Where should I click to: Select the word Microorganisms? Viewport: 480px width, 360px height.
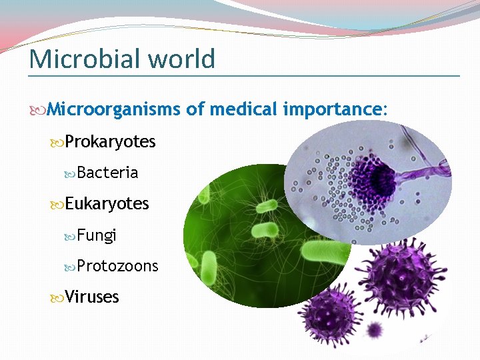(x=114, y=109)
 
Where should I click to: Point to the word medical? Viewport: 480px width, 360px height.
(x=241, y=109)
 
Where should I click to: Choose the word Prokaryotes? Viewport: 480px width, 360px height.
(x=110, y=142)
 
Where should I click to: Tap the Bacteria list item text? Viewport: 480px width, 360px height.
(x=107, y=173)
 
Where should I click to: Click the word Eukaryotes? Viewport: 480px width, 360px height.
(x=107, y=203)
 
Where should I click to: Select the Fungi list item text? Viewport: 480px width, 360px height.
(x=97, y=235)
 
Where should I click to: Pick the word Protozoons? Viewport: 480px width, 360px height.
(x=117, y=266)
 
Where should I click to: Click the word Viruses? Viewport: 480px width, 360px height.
(x=92, y=297)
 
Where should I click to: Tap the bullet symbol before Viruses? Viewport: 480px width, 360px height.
(x=57, y=297)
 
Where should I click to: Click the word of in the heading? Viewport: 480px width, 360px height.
(x=195, y=109)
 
